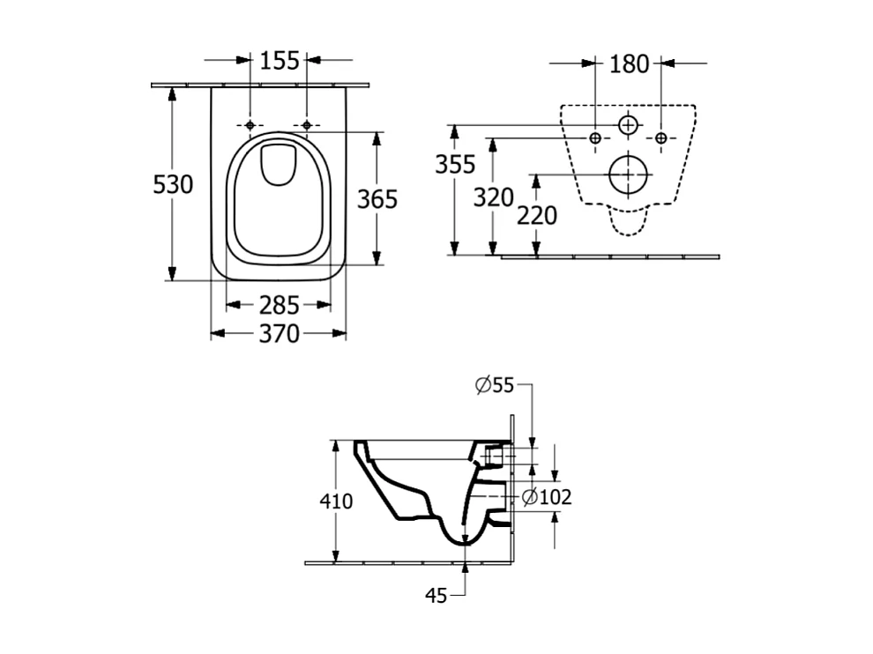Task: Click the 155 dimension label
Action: coord(278,62)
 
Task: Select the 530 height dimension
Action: coord(173,185)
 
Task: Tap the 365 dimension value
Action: coord(377,199)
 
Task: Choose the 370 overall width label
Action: coord(278,334)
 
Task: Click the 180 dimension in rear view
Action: coord(629,63)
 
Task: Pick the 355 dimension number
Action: coord(455,164)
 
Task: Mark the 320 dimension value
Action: coord(493,197)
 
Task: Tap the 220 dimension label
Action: coord(537,215)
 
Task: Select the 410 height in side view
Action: coord(336,502)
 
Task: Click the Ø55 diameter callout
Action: coord(494,384)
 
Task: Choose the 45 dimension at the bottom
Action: coord(436,596)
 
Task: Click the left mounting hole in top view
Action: coord(250,125)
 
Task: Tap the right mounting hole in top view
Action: coord(306,125)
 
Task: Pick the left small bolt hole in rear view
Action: coord(595,138)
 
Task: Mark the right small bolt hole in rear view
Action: coord(661,138)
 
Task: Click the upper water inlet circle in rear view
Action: coord(628,126)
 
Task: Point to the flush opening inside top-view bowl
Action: coord(278,165)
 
